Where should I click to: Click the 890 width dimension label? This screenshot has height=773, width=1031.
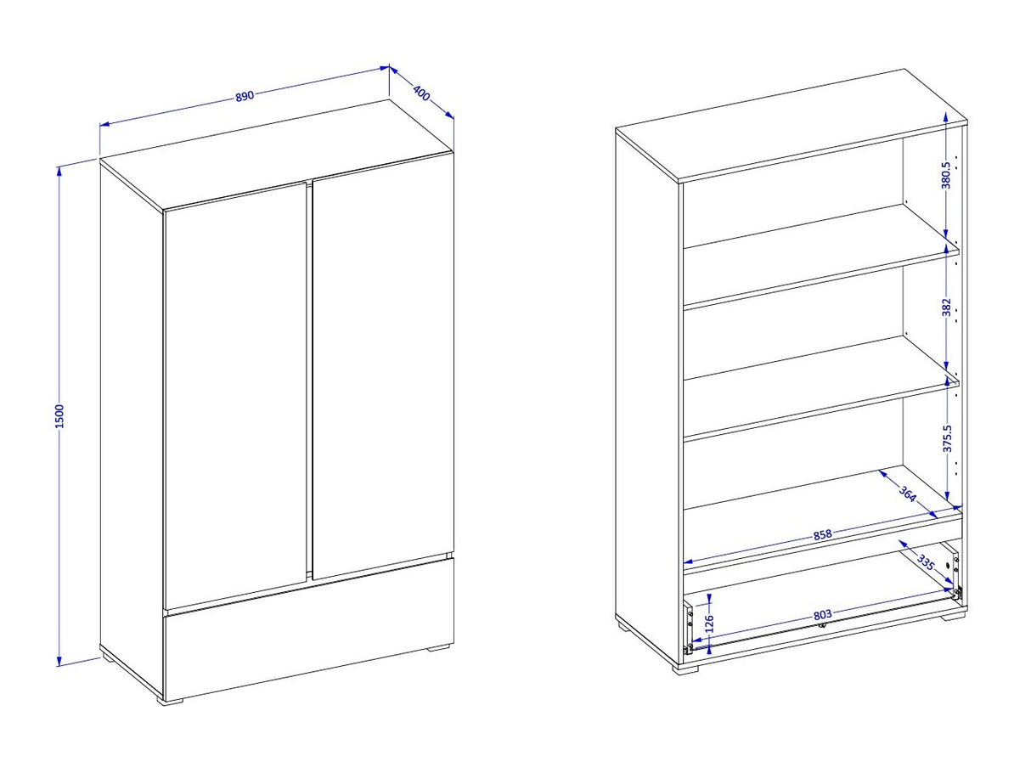click(x=245, y=96)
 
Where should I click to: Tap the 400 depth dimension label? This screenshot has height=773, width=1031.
click(x=421, y=93)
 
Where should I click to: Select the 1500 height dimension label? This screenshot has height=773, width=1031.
click(x=59, y=416)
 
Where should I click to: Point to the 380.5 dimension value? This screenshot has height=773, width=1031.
click(x=946, y=175)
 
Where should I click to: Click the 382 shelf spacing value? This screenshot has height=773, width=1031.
click(x=946, y=308)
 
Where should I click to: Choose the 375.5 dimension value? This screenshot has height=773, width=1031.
click(x=947, y=438)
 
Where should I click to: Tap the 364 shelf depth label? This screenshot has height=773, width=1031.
click(x=908, y=494)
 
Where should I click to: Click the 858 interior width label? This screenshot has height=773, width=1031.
click(x=822, y=534)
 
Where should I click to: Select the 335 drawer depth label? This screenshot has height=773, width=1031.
click(x=926, y=562)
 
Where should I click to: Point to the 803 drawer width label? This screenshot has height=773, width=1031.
click(x=822, y=614)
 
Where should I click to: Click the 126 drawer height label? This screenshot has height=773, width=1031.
click(x=710, y=623)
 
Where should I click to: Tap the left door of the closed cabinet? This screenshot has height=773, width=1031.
click(x=235, y=396)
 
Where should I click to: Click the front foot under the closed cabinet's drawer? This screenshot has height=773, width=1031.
click(x=172, y=701)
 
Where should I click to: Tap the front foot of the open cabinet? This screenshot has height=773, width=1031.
click(x=685, y=670)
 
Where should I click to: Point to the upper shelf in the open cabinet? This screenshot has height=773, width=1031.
click(x=821, y=256)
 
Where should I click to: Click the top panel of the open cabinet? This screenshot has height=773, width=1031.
click(x=792, y=126)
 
